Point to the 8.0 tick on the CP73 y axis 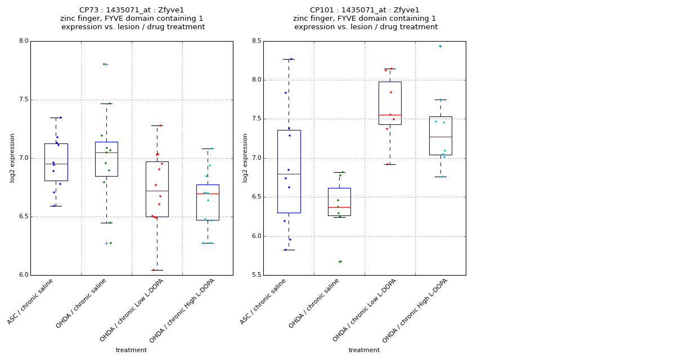click(23, 41)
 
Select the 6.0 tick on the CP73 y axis click(23, 275)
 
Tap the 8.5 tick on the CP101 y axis click(256, 41)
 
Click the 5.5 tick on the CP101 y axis click(256, 275)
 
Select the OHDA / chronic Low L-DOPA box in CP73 click(157, 189)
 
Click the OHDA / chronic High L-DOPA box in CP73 click(208, 202)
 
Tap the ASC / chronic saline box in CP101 click(289, 172)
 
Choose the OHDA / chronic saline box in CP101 click(339, 202)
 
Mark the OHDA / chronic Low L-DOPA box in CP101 click(390, 103)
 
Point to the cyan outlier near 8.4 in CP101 click(440, 46)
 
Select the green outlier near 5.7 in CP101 click(340, 262)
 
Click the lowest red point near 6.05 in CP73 click(154, 270)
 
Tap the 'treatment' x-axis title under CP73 click(131, 350)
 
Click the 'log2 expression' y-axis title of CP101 click(245, 158)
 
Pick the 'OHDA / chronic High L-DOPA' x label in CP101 click(416, 311)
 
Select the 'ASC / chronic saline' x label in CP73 click(31, 301)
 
